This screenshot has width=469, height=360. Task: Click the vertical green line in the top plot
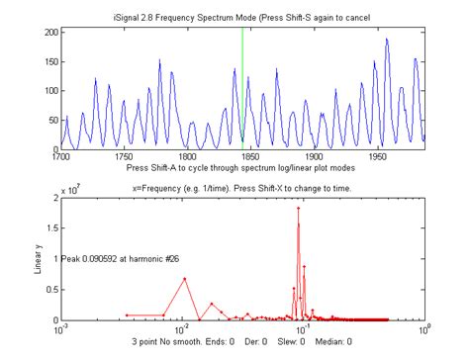[242, 89]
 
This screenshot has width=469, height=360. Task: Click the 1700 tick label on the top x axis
[61, 156]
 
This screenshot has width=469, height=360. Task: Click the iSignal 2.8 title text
[242, 19]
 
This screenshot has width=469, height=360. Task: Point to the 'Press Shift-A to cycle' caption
[240, 167]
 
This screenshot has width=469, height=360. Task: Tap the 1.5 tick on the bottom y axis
[50, 228]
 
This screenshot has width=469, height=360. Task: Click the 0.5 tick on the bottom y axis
[50, 290]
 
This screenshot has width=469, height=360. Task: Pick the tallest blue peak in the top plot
[387, 40]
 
